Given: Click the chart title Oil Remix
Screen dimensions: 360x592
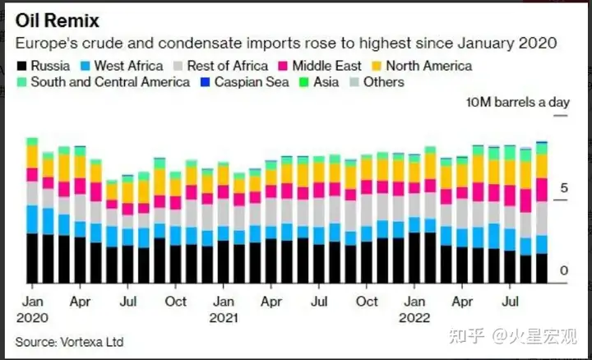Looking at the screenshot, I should pyautogui.click(x=61, y=20).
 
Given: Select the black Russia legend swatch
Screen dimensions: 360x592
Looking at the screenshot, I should pyautogui.click(x=21, y=66).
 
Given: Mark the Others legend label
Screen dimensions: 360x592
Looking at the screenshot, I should pyautogui.click(x=383, y=82).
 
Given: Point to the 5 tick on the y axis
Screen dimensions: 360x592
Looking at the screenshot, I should pyautogui.click(x=564, y=188).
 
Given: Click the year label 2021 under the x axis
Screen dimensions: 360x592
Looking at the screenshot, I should pyautogui.click(x=224, y=317).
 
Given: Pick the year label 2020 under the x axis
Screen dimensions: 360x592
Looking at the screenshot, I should pyautogui.click(x=32, y=317).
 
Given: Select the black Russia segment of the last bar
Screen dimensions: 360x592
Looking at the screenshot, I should pyautogui.click(x=541, y=268).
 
